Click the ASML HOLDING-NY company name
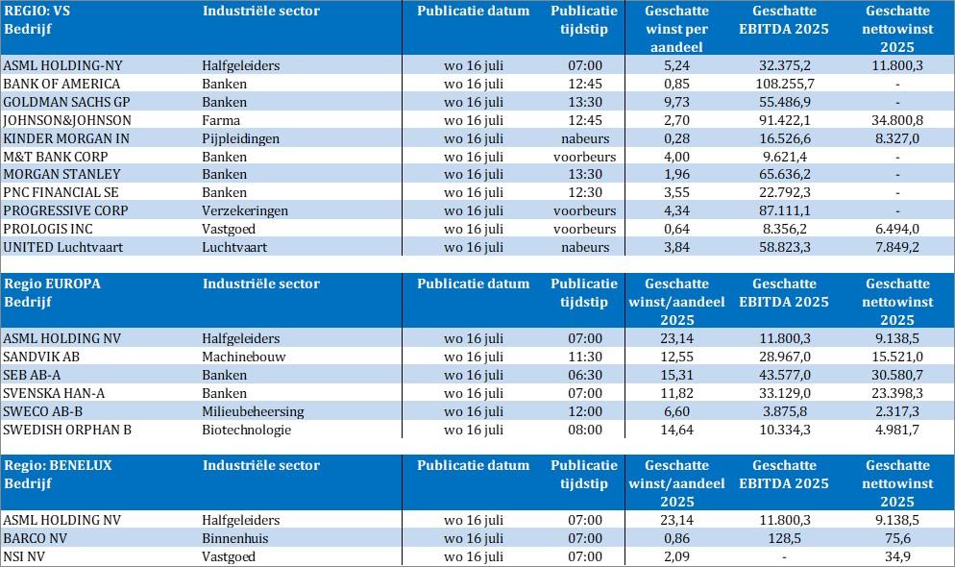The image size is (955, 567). pos(63,65)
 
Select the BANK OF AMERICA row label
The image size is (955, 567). pos(62,84)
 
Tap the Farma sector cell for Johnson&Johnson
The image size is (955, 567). pos(223,120)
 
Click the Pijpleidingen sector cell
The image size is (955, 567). pos(241,138)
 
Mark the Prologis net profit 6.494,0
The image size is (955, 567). pos(897,229)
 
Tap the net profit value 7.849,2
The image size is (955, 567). pos(897,247)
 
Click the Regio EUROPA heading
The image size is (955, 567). pos(53,283)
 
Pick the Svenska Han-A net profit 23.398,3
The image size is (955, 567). pos(897,393)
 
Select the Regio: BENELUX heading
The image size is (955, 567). pos(59,465)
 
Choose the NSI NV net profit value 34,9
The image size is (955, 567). pos(897,556)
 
